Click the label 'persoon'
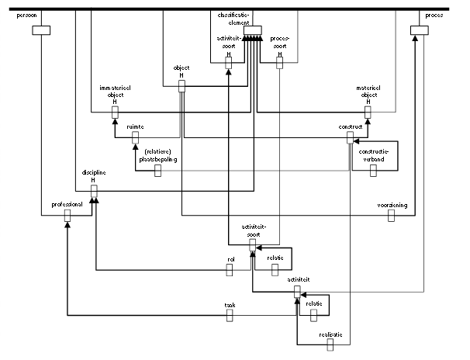pos(28,16)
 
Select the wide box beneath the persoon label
pos(41,30)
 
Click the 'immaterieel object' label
pos(114,94)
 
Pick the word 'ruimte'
pos(134,126)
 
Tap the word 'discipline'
pos(93,173)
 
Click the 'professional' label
pos(67,203)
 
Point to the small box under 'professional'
pos(67,214)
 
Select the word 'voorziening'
pos(392,205)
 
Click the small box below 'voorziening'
pos(392,216)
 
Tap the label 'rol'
pos(230,259)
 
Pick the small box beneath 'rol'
pos(230,269)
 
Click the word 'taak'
pos(230,304)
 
